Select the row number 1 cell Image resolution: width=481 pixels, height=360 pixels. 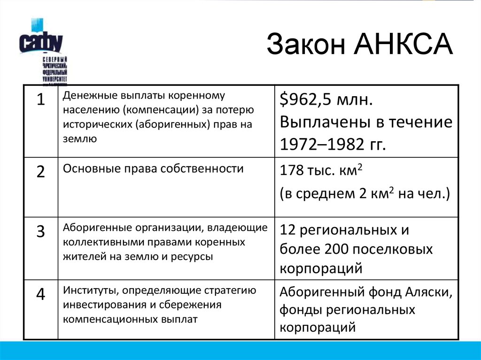41,100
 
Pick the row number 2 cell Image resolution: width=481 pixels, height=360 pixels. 41,172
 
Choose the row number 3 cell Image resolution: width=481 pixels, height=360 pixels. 41,231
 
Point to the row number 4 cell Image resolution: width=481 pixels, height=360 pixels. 41,294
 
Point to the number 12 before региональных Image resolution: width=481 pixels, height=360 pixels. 287,230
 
